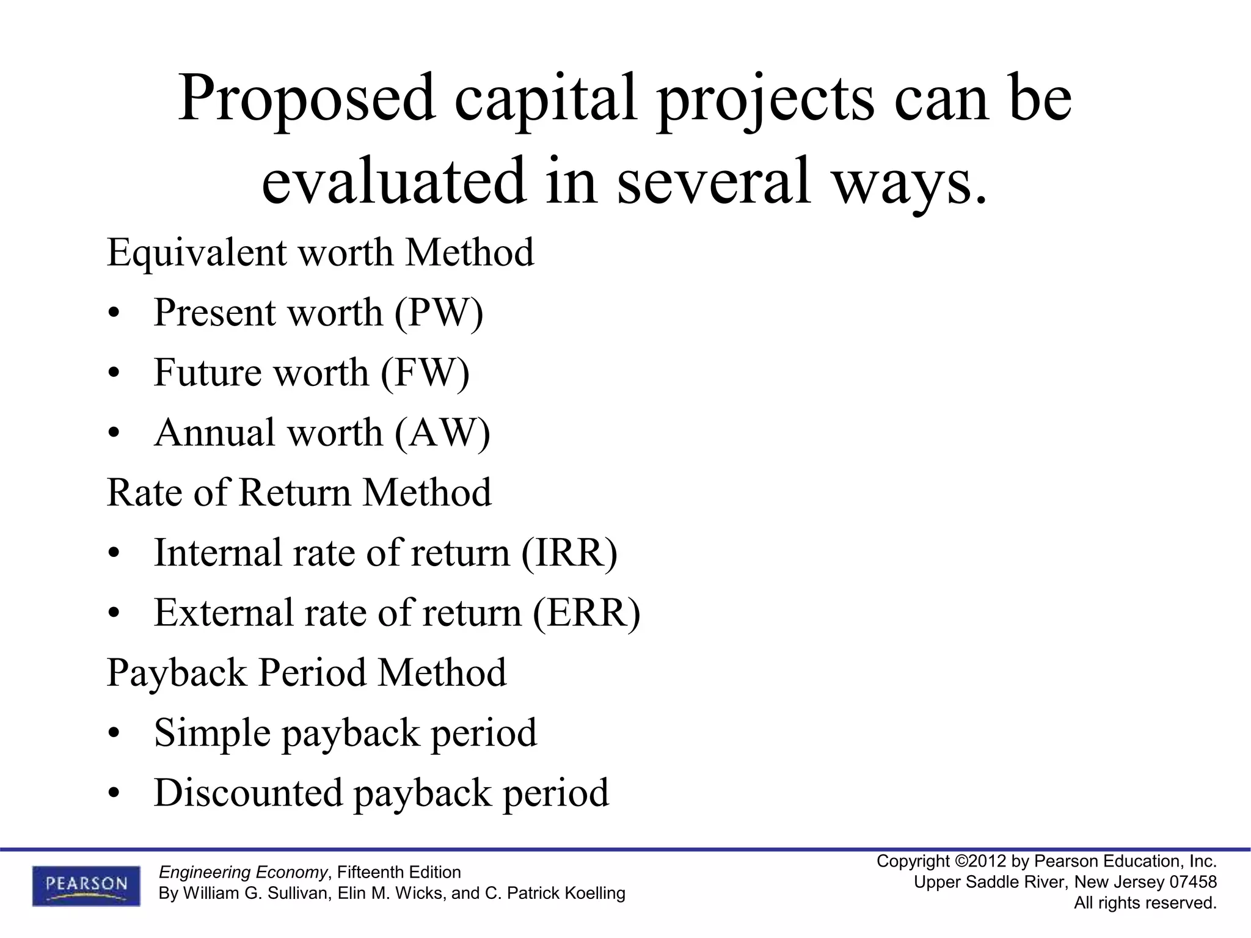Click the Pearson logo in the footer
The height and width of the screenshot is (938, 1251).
click(86, 885)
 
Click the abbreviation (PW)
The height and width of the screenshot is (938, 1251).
click(439, 313)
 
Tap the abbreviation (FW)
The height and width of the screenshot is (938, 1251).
click(425, 373)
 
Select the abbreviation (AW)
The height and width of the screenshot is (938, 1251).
click(442, 433)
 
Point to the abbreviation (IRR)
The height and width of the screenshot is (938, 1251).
click(569, 553)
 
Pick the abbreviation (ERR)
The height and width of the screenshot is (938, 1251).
click(586, 613)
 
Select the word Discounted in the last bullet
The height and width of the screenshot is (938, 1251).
click(248, 793)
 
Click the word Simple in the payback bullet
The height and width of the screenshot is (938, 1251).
click(212, 733)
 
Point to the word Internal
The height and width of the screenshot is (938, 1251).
click(217, 553)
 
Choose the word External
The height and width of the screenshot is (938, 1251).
click(224, 613)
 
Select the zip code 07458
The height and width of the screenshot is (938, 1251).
click(1193, 882)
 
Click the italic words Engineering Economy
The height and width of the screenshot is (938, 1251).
click(243, 872)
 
